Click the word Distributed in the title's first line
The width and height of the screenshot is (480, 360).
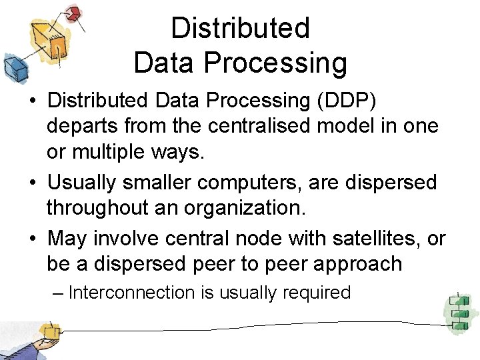pyautogui.click(x=241, y=28)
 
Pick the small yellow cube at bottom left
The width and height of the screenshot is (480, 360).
pyautogui.click(x=49, y=331)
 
